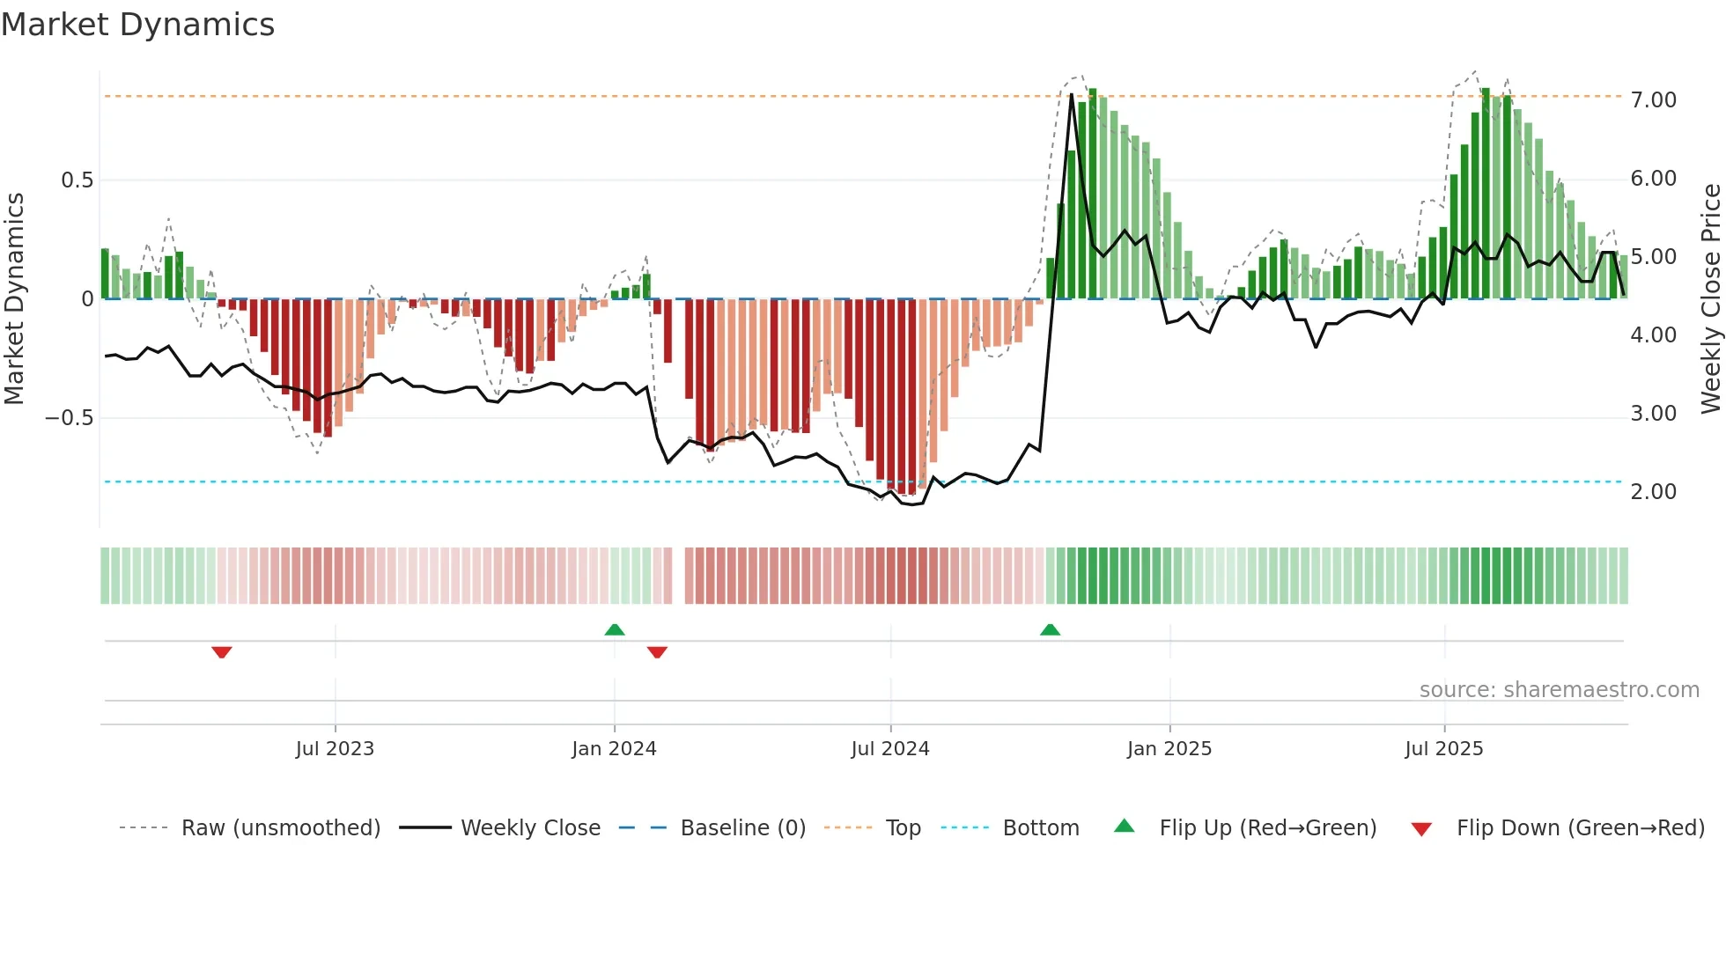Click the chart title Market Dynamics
(x=137, y=25)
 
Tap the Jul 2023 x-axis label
(x=335, y=749)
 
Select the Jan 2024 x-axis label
(x=614, y=749)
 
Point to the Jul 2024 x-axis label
(x=889, y=749)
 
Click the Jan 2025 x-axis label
(x=1169, y=749)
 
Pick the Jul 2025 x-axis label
(x=1443, y=749)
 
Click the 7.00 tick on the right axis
(x=1653, y=100)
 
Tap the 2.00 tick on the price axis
(x=1653, y=492)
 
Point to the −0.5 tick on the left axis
(x=70, y=418)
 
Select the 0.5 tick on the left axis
(x=77, y=180)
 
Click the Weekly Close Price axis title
(x=1710, y=298)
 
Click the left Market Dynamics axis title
(x=14, y=298)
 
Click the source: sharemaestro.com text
(x=1559, y=690)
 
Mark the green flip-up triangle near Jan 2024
(x=615, y=630)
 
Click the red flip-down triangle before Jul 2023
(x=222, y=651)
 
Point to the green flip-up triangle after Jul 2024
(x=1050, y=630)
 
